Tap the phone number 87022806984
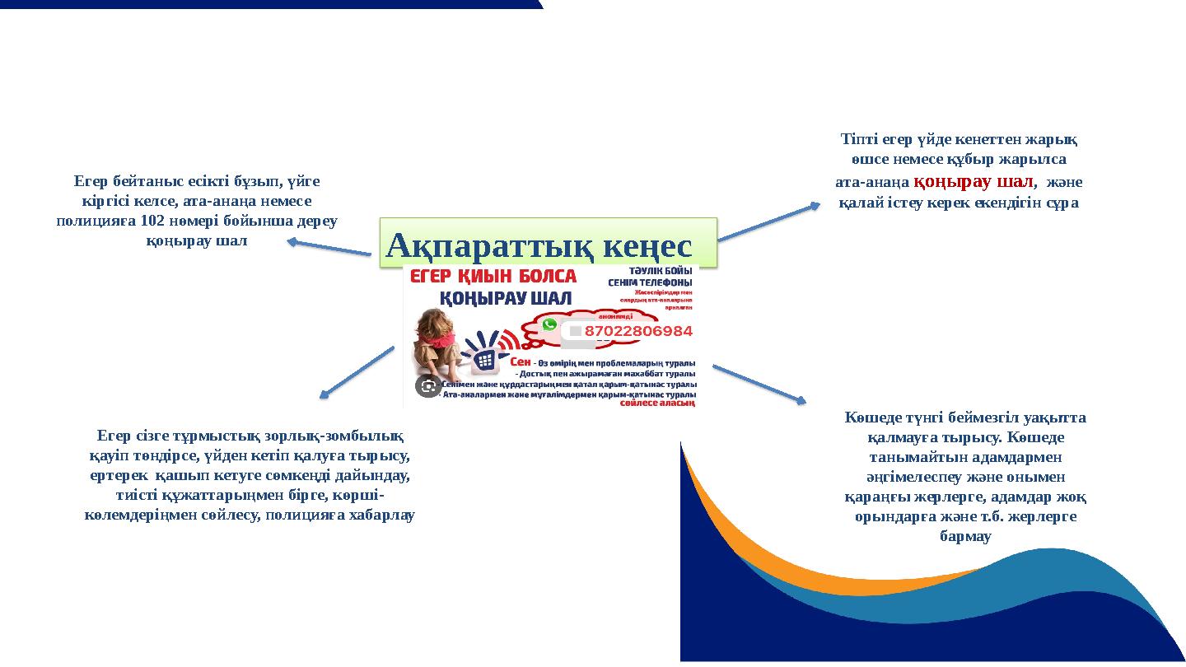pyautogui.click(x=638, y=331)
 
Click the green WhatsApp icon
pyautogui.click(x=549, y=324)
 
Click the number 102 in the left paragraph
pyautogui.click(x=152, y=221)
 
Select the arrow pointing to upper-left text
pyautogui.click(x=329, y=247)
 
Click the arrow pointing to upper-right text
pyautogui.click(x=768, y=222)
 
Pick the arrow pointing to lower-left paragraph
pyautogui.click(x=356, y=372)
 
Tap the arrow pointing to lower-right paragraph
pyautogui.click(x=759, y=384)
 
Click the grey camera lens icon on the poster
pyautogui.click(x=427, y=386)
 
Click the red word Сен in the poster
pyautogui.click(x=521, y=362)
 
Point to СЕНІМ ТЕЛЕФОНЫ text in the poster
pyautogui.click(x=651, y=282)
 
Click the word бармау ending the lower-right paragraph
pyautogui.click(x=965, y=536)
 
